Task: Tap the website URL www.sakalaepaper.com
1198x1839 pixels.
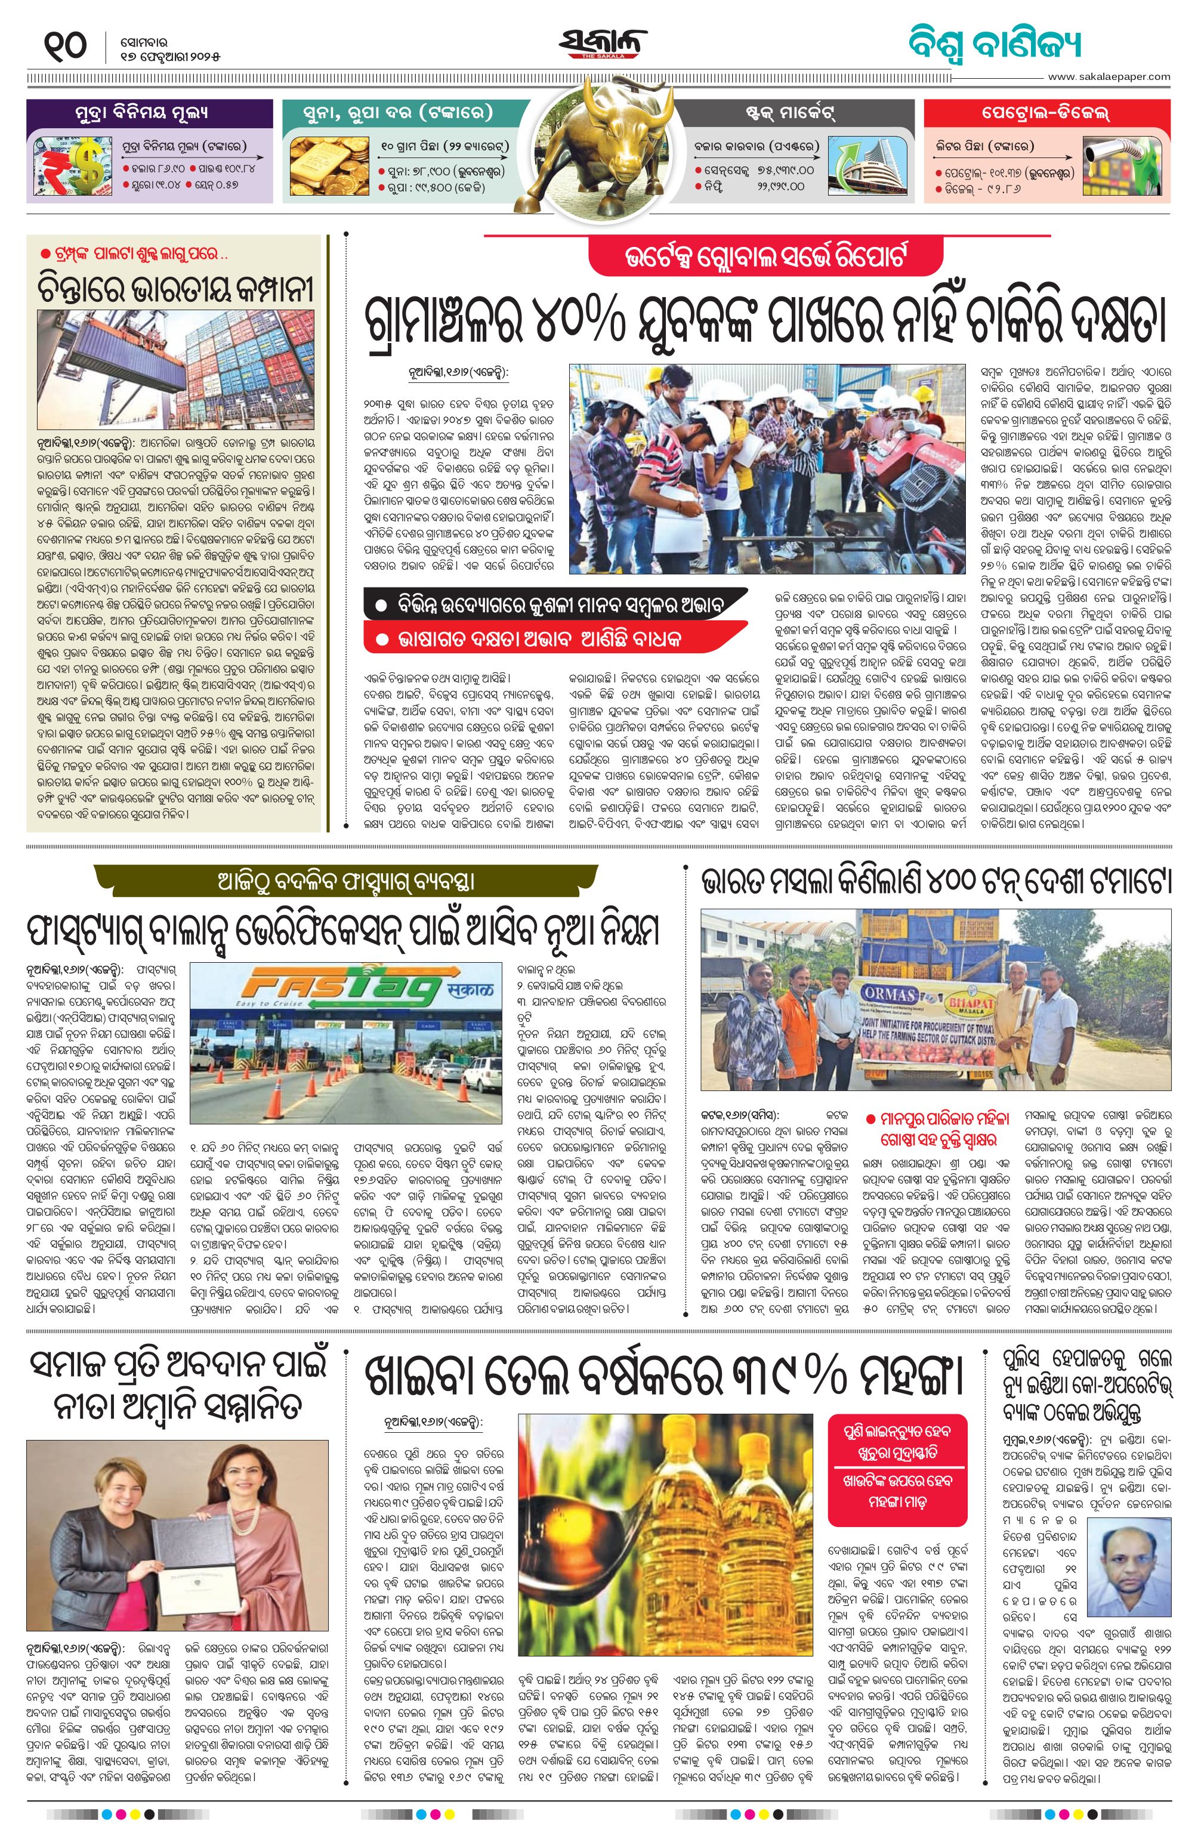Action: click(x=1109, y=76)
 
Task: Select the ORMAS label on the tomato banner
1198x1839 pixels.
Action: click(x=889, y=994)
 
